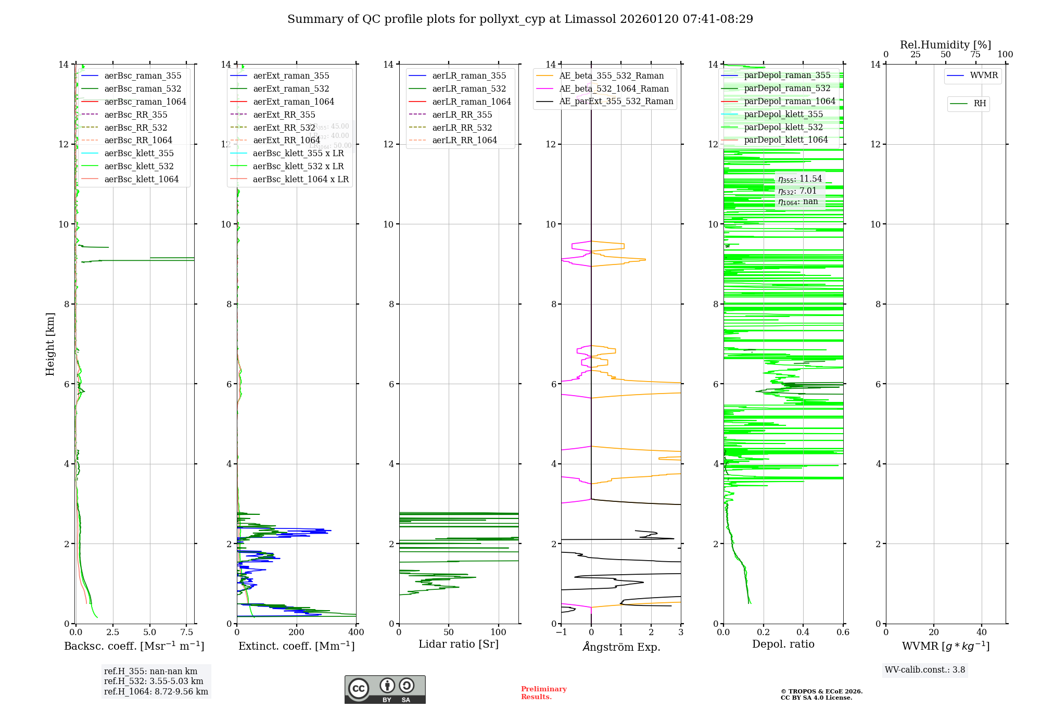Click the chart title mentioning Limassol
[x=520, y=19]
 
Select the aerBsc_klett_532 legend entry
[x=138, y=166]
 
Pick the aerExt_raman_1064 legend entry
[x=294, y=102]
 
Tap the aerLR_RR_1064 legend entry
[x=464, y=140]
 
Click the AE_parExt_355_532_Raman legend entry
[x=616, y=101]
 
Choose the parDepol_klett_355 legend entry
[x=783, y=114]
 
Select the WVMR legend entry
[x=984, y=75]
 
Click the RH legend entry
[x=980, y=104]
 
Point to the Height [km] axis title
[x=50, y=344]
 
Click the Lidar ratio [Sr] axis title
[x=459, y=644]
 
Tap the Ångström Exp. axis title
[x=621, y=647]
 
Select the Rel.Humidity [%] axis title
[x=945, y=45]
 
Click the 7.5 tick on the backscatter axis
[x=187, y=632]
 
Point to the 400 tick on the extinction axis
[x=356, y=632]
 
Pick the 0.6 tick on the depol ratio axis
[x=843, y=632]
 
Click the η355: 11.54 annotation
[x=800, y=179]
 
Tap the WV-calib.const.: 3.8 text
[x=925, y=669]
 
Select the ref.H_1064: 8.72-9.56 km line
[x=156, y=691]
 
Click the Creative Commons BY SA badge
[x=385, y=689]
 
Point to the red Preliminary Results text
[x=543, y=693]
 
